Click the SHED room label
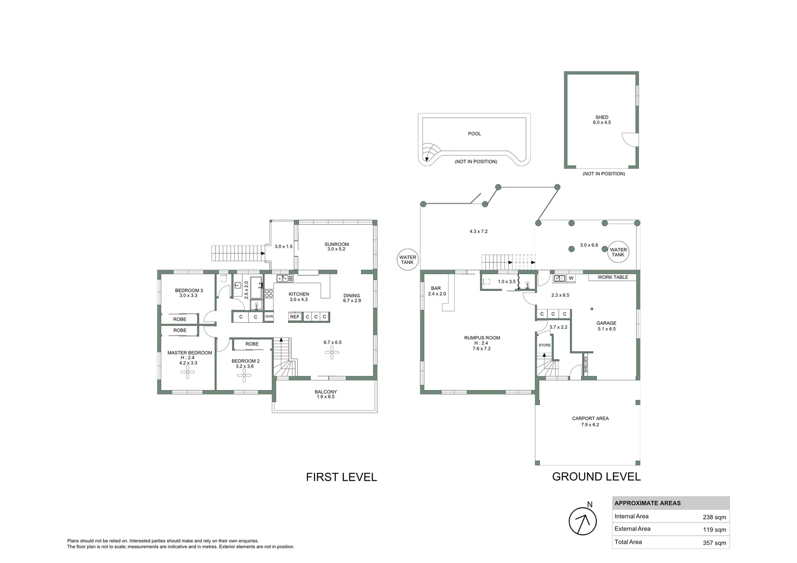tap(601, 117)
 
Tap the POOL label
tap(474, 134)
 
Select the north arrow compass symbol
tap(582, 521)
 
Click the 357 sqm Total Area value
tap(714, 543)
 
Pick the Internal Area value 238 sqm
tap(714, 517)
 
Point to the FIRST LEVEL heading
tap(341, 477)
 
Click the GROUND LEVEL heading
tap(596, 476)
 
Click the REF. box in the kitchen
tap(295, 317)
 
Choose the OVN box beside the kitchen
tap(269, 317)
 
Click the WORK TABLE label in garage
tap(612, 277)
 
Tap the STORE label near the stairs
tap(544, 345)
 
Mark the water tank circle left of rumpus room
tap(407, 260)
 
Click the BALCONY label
tap(325, 392)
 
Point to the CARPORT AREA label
tap(590, 419)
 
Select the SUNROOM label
tap(336, 244)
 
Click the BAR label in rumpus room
tap(436, 288)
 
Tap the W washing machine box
tap(571, 278)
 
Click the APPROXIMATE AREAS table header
tap(647, 504)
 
